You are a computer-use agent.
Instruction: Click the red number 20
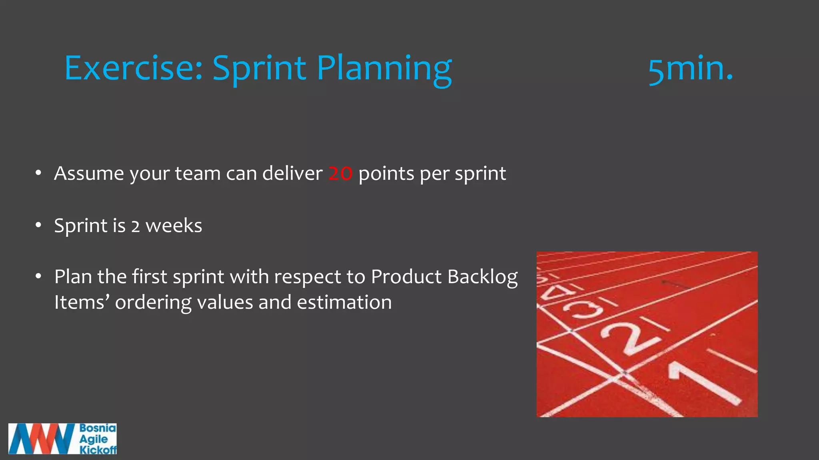[340, 174]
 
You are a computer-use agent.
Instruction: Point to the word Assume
[89, 174]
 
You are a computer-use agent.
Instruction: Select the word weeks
[174, 226]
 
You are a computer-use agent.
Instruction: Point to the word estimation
[344, 302]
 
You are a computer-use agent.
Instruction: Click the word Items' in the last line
[82, 302]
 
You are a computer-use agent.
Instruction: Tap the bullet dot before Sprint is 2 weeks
[38, 225]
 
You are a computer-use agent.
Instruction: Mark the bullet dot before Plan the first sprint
[38, 276]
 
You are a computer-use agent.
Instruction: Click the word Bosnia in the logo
[98, 428]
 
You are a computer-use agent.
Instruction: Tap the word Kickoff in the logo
[98, 450]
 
